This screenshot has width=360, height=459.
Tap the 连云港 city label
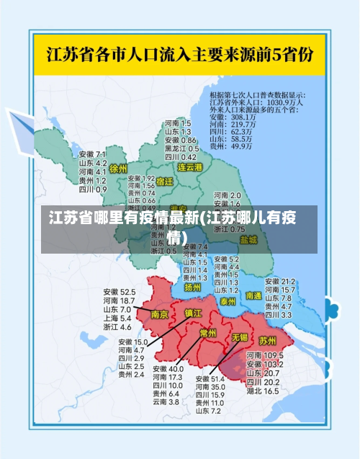coord(191,167)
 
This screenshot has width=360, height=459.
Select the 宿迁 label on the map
coord(164,182)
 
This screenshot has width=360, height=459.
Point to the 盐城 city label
coord(248,239)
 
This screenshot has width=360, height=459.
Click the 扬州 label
coord(192,286)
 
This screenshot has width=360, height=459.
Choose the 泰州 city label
coord(228,300)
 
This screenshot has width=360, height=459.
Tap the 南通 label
coord(253,295)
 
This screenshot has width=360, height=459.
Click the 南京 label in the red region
coord(159,315)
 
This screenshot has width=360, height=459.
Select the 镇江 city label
coord(194,313)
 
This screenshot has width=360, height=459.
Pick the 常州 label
coord(208,333)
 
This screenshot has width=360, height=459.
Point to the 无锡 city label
coord(239,337)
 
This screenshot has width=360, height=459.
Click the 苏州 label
coord(268,340)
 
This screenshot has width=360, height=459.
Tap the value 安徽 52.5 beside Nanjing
coord(119,292)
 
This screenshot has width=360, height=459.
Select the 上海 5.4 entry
coord(117,318)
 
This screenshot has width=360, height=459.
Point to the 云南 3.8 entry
coord(165,401)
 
